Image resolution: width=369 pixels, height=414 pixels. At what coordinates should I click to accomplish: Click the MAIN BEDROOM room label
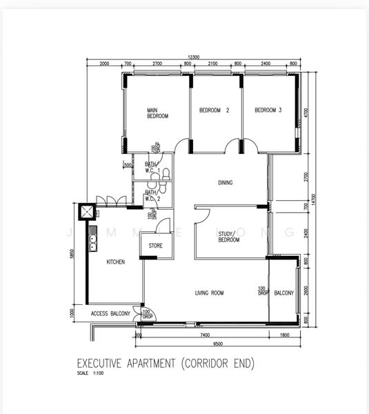pos(157,114)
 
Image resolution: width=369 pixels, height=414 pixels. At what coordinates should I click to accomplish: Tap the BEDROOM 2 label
pos(214,110)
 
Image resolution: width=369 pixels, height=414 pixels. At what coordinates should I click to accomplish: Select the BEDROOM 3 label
pos(268,110)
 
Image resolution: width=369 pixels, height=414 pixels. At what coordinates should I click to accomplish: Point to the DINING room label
pos(225,183)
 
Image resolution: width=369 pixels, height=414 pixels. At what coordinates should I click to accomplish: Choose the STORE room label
pos(156,245)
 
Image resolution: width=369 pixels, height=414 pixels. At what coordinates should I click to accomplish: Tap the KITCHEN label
pos(115,262)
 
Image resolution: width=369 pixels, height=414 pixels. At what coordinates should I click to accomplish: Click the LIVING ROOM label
pos(210,293)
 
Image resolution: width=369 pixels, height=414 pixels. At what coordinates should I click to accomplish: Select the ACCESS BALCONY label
pos(110,314)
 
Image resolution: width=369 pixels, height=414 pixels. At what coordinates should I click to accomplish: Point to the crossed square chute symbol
pos(87,213)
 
